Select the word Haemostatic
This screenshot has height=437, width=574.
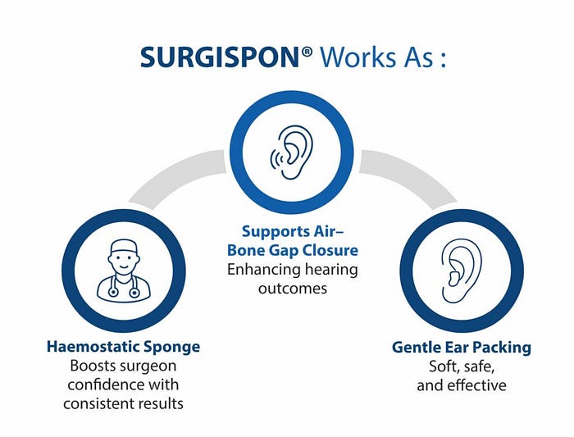coord(89,347)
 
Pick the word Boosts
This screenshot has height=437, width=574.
coord(97,366)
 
